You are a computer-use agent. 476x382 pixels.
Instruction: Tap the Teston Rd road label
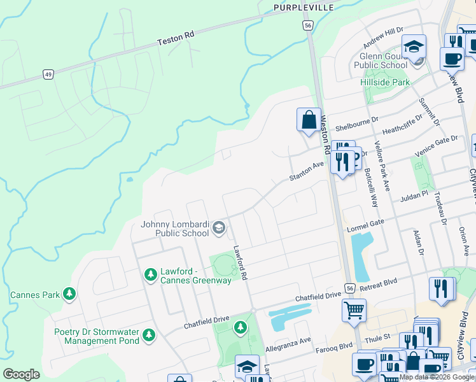coord(176,39)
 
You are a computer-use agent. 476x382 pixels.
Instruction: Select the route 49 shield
coord(48,74)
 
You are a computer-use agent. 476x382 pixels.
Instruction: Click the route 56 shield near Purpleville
coord(307,25)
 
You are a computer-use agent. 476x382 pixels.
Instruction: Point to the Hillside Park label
coord(385,83)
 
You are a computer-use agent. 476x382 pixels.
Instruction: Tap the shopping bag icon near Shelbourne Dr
coord(309,120)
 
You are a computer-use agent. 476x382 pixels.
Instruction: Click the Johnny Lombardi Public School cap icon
coord(219,227)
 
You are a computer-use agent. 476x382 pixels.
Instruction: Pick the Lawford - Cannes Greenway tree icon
coord(151,275)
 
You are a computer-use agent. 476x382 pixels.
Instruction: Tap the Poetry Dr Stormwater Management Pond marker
coord(149,334)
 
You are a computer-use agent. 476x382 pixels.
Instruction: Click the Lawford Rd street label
coord(240,261)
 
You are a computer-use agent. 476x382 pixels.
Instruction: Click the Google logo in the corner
coord(21,374)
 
